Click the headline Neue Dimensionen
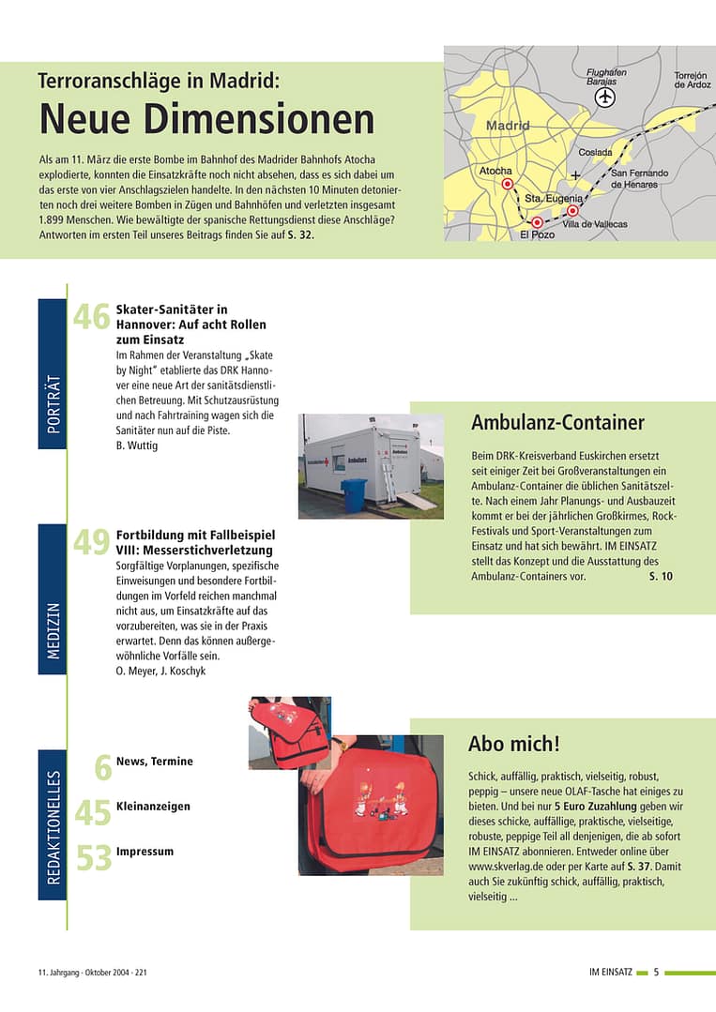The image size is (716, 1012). pyautogui.click(x=206, y=119)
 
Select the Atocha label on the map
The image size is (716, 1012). pyautogui.click(x=495, y=171)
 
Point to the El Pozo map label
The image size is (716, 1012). pyautogui.click(x=537, y=234)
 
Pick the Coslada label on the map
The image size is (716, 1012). pyautogui.click(x=595, y=152)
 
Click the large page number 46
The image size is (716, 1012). pyautogui.click(x=92, y=317)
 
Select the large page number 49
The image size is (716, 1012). pyautogui.click(x=92, y=542)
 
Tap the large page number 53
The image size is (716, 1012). pyautogui.click(x=93, y=857)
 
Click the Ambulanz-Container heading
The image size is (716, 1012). pyautogui.click(x=557, y=423)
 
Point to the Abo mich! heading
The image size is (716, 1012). pyautogui.click(x=513, y=744)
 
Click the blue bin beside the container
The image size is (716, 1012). pyautogui.click(x=355, y=495)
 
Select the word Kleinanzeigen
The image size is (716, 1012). pyautogui.click(x=153, y=806)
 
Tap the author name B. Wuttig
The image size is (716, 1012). pyautogui.click(x=137, y=445)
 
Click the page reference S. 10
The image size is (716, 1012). pyautogui.click(x=661, y=576)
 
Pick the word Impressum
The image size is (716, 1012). pyautogui.click(x=145, y=851)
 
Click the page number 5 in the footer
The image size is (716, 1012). pyautogui.click(x=657, y=972)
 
